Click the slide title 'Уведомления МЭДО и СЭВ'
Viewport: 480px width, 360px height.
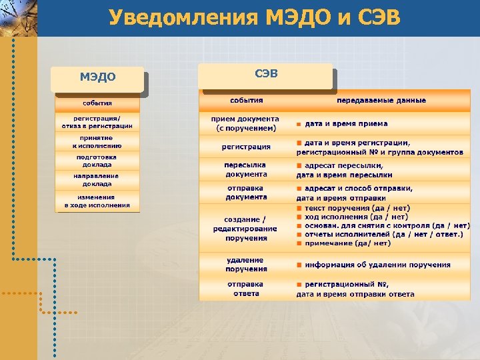[255, 17]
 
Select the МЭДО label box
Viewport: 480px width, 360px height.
[98, 77]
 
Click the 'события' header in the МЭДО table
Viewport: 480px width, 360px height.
[97, 103]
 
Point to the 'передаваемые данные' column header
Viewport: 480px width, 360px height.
[381, 101]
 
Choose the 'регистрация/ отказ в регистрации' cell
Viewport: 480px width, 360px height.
[97, 122]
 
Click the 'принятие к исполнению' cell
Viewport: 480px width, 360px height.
[97, 141]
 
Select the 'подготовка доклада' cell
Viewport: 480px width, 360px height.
[97, 161]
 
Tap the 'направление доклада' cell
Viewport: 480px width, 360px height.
[97, 180]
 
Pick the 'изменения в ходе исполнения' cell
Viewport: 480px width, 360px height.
[97, 201]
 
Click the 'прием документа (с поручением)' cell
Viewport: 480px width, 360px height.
[246, 123]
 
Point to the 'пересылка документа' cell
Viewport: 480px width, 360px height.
[246, 169]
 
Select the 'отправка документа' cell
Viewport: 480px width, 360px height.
[246, 193]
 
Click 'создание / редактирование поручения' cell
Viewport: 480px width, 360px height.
[246, 229]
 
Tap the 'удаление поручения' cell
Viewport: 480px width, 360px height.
[246, 265]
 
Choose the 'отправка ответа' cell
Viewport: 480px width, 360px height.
[246, 289]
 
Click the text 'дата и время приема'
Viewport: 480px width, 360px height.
[346, 123]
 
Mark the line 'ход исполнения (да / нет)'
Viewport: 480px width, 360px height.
[356, 217]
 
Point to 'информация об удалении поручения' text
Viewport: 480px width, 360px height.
[377, 265]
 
